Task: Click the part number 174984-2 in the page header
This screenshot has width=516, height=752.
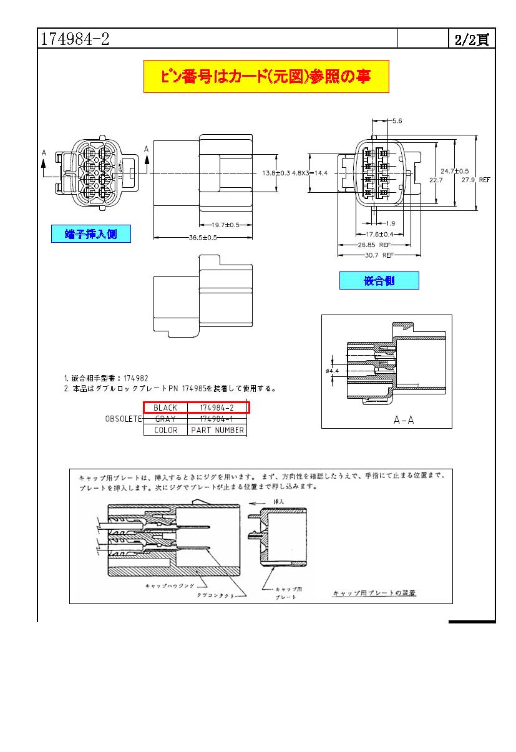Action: pyautogui.click(x=75, y=39)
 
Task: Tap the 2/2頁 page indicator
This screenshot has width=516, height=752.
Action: pyautogui.click(x=471, y=39)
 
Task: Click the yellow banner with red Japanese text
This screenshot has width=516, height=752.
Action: pyautogui.click(x=266, y=77)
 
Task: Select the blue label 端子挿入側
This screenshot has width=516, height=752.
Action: pyautogui.click(x=91, y=234)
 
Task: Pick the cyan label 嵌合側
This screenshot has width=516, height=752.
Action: pyautogui.click(x=379, y=281)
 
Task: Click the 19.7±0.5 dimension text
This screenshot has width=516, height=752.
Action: pyautogui.click(x=225, y=225)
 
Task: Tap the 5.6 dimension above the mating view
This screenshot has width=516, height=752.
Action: pyautogui.click(x=397, y=120)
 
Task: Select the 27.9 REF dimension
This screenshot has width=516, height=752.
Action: pyautogui.click(x=475, y=180)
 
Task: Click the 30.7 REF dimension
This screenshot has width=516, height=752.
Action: pyautogui.click(x=378, y=255)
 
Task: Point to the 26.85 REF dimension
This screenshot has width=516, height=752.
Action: pyautogui.click(x=374, y=245)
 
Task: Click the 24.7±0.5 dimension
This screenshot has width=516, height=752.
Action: pyautogui.click(x=455, y=170)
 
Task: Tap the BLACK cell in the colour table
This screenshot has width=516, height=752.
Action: pyautogui.click(x=165, y=408)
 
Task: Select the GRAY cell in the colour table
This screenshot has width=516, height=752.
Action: pyautogui.click(x=165, y=419)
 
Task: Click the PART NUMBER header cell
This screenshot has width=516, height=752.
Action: pyautogui.click(x=218, y=430)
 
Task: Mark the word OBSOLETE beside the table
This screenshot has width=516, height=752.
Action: pyautogui.click(x=124, y=419)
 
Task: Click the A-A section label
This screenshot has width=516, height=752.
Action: pyautogui.click(x=404, y=420)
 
